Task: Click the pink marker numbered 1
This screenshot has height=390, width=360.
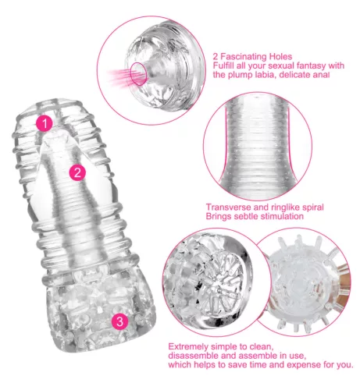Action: click(45, 123)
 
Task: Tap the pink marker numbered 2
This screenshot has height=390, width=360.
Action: click(77, 172)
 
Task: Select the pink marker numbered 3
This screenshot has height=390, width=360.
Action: click(119, 321)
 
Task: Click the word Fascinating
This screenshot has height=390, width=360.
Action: click(244, 56)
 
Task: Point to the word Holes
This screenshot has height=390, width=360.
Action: click(280, 56)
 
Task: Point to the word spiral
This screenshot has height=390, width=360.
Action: click(313, 208)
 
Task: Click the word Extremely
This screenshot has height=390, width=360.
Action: click(188, 347)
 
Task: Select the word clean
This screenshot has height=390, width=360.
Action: click(262, 347)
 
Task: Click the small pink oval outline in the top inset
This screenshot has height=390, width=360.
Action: click(138, 73)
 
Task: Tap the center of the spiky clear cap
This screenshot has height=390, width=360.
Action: click(304, 283)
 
